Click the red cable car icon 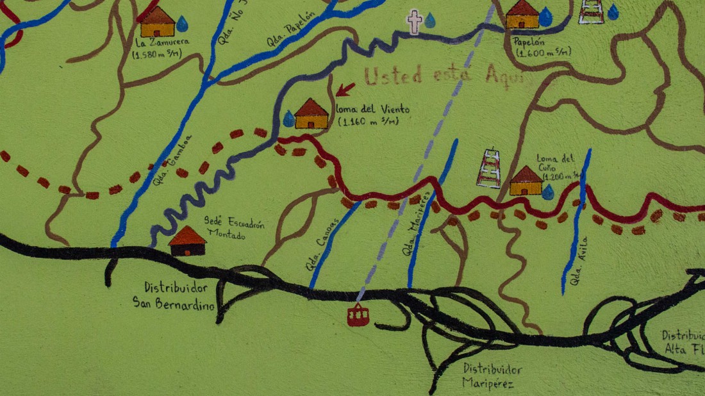[x=358, y=315]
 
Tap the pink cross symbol [x=415, y=21]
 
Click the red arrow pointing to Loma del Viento [x=345, y=89]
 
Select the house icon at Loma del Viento [x=311, y=113]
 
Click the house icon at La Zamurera [x=158, y=22]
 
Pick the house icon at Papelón [x=523, y=15]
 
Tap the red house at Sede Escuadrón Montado [x=188, y=241]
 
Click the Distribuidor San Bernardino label [x=173, y=295]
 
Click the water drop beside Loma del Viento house [x=289, y=119]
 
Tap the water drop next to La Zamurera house [x=182, y=24]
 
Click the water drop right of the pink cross [x=430, y=21]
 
